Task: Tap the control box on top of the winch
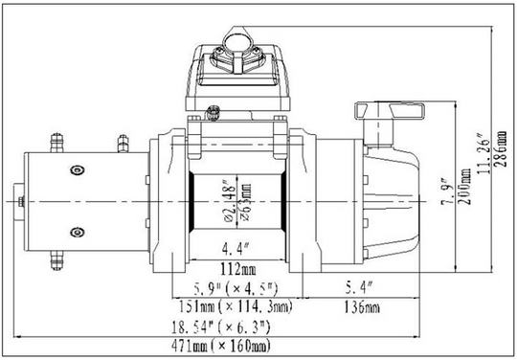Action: click(236, 72)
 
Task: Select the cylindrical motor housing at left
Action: click(86, 204)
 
